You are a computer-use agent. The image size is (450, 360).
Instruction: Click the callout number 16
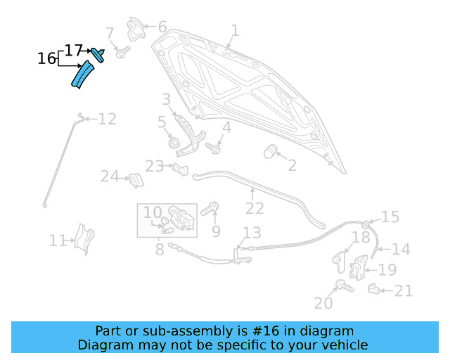tap(46, 58)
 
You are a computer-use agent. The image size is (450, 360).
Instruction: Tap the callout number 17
tap(74, 50)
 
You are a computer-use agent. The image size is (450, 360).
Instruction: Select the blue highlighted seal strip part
tap(82, 74)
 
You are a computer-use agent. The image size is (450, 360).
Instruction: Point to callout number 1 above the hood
tap(235, 30)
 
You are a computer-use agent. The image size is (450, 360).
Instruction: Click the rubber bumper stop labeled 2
tap(270, 152)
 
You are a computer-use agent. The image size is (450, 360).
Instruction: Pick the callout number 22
tap(255, 208)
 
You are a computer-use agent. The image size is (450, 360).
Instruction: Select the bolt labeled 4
tap(213, 148)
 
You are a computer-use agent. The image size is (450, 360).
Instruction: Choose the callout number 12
tap(107, 119)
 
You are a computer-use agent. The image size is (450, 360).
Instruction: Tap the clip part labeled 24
tap(135, 180)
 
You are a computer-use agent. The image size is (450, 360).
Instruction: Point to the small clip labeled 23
tap(180, 168)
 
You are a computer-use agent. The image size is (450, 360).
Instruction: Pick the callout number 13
tap(252, 233)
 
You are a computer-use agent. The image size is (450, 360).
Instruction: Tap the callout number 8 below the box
tap(160, 248)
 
